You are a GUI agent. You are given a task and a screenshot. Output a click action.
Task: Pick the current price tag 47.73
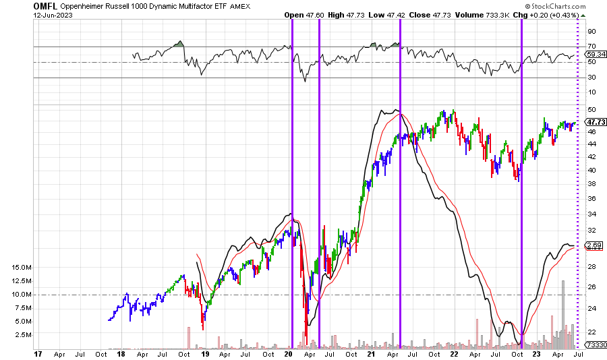(594, 122)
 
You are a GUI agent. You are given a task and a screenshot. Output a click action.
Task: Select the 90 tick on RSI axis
(591, 31)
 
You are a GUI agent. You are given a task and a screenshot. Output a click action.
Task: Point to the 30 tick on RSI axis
(591, 78)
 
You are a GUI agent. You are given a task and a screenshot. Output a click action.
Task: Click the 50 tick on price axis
(591, 110)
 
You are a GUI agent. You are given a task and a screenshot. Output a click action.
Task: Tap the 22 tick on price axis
(591, 332)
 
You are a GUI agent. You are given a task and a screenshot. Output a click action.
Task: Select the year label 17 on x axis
(39, 353)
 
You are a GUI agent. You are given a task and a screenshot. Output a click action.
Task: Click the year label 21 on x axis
(371, 353)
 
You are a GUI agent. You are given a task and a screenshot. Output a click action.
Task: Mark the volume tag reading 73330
(594, 345)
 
